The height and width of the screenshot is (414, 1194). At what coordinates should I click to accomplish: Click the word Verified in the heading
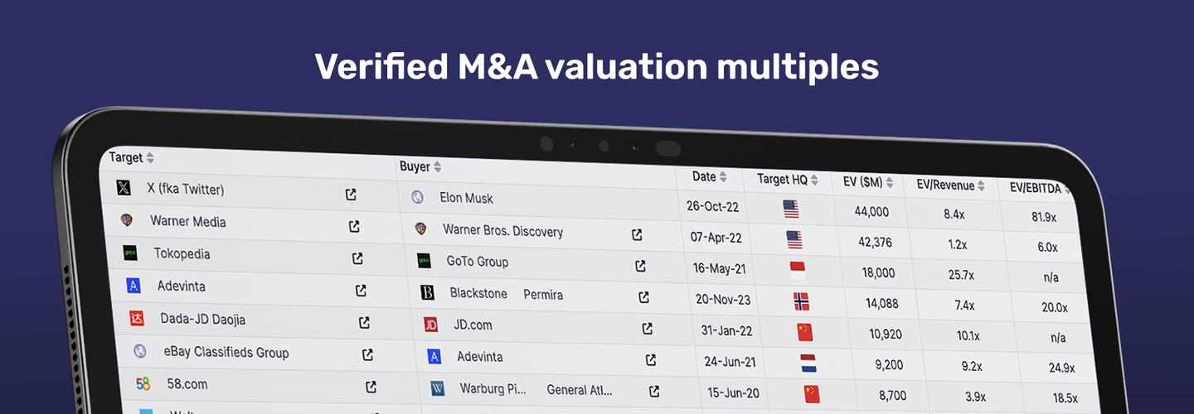[381, 66]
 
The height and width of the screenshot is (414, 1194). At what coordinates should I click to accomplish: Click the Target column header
[126, 157]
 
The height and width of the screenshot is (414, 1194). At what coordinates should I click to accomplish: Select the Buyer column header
[415, 166]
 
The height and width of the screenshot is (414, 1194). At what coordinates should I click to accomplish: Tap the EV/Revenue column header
[944, 185]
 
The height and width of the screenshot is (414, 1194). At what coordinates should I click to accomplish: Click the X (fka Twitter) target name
[185, 190]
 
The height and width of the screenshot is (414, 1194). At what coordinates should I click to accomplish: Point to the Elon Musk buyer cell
[466, 198]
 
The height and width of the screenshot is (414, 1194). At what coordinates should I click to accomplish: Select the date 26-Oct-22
[713, 205]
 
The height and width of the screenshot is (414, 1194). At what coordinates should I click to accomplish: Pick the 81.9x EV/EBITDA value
[1044, 217]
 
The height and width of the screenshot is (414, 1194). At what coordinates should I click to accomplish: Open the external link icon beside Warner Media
[354, 226]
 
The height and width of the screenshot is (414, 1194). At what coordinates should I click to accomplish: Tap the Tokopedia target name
[182, 254]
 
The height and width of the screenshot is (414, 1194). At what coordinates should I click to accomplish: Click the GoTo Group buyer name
[477, 262]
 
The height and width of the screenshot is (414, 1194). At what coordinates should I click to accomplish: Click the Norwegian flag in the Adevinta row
[801, 301]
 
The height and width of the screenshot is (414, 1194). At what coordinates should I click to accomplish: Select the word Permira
[543, 295]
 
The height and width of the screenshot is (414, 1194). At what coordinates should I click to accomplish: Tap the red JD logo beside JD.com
[430, 325]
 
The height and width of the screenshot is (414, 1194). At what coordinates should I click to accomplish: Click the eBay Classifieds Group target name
[226, 353]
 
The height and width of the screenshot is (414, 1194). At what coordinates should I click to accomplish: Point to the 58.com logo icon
[143, 384]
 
